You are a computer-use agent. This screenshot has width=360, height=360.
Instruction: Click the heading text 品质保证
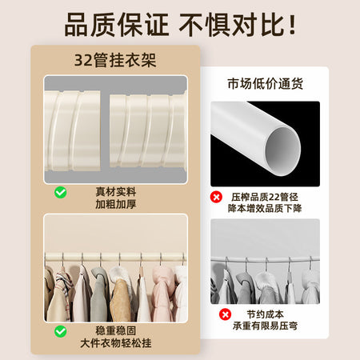[x=117, y=25]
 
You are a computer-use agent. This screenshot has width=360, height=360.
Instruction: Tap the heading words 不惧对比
[x=231, y=25]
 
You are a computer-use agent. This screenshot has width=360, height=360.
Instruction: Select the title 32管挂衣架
[x=115, y=60]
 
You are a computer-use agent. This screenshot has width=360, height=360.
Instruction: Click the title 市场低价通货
[x=265, y=83]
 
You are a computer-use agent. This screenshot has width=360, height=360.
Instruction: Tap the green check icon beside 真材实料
[x=61, y=192]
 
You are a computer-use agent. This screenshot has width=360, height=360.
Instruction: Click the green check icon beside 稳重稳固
[x=61, y=331]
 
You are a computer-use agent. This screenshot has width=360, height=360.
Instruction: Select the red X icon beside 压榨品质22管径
[x=216, y=197]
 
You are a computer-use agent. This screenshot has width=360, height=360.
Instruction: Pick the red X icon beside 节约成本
[x=225, y=314]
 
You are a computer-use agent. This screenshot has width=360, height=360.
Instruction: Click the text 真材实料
[x=116, y=192]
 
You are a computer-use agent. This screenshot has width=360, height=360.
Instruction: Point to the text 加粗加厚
[x=116, y=204]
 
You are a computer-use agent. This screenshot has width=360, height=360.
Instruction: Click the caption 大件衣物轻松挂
[x=116, y=343]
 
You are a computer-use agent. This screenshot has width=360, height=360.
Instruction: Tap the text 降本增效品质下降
[x=265, y=208]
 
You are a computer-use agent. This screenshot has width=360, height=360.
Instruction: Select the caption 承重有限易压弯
[x=265, y=326]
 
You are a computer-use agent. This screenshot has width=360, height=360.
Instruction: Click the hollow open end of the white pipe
[x=282, y=151]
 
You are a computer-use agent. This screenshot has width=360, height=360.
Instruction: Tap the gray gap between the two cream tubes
[x=105, y=130]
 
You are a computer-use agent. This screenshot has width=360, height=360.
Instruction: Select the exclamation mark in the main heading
[x=292, y=25]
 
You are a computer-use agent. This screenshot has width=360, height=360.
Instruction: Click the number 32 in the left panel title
[x=83, y=61]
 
